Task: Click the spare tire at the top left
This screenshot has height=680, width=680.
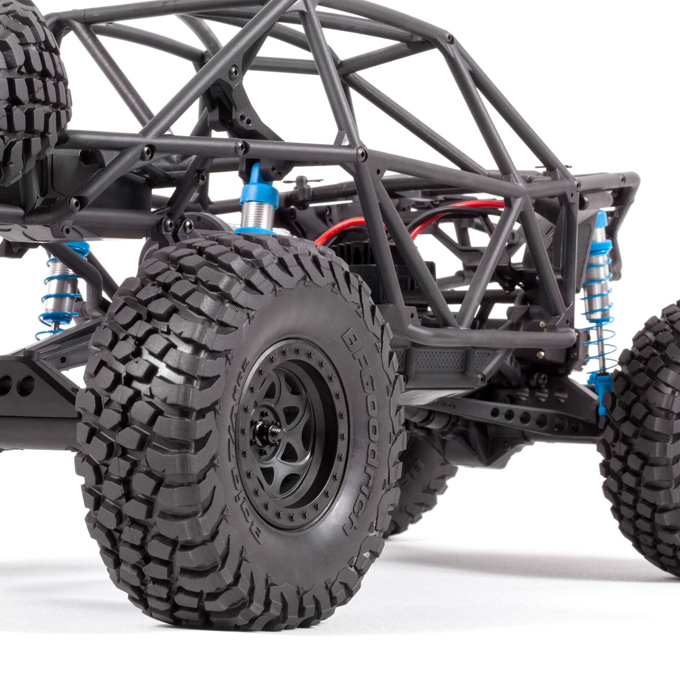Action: click(30, 89)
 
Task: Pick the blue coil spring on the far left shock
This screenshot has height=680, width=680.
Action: click(59, 297)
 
